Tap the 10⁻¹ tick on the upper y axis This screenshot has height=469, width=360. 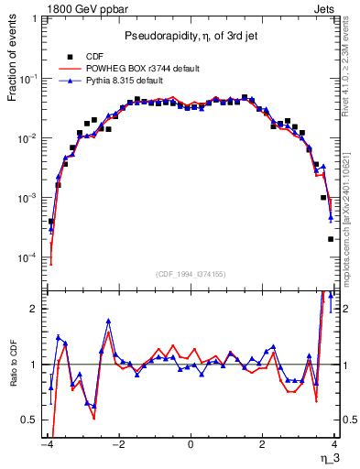coord(30,80)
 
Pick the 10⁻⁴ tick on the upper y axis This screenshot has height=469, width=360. coord(30,257)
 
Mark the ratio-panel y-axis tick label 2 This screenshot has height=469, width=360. coord(35,309)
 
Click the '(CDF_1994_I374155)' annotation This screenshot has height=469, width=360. coord(190,273)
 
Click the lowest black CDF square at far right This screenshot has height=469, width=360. coord(331,239)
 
